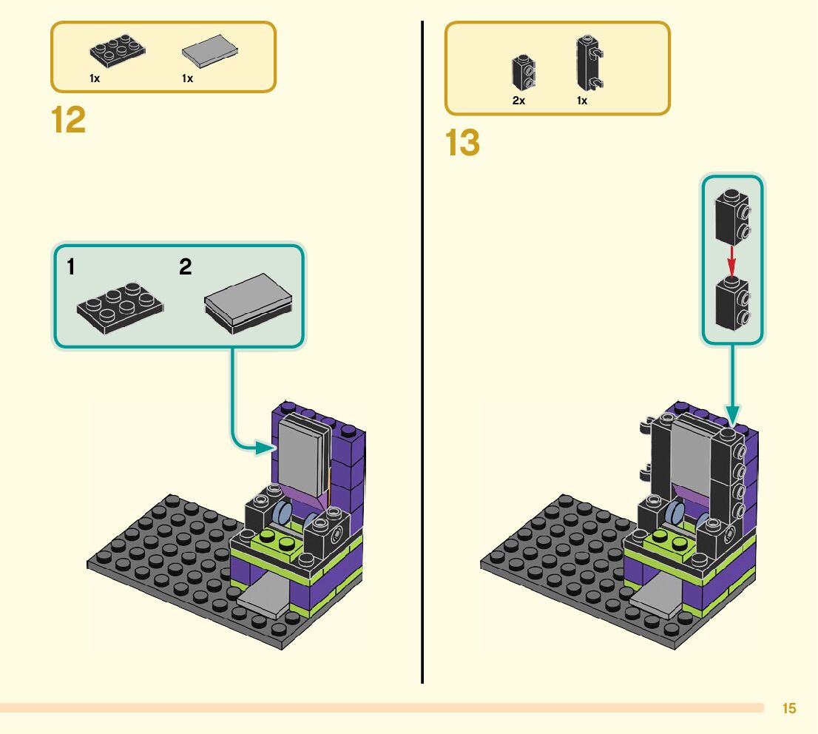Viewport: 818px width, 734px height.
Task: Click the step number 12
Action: [69, 120]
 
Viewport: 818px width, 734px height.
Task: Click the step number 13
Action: [463, 143]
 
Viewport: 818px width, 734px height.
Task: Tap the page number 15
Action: [789, 709]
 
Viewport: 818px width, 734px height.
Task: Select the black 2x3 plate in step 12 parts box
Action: [118, 51]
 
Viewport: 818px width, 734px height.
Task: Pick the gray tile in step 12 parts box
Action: [209, 52]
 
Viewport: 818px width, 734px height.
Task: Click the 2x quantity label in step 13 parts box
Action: [518, 101]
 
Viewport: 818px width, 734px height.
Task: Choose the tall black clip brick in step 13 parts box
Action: [587, 63]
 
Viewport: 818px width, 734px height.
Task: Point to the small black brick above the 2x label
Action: [523, 73]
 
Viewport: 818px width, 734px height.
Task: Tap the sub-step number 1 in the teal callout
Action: [71, 267]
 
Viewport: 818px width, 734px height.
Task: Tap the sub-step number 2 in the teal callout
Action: [185, 267]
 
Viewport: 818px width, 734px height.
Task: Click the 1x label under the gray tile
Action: [188, 78]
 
